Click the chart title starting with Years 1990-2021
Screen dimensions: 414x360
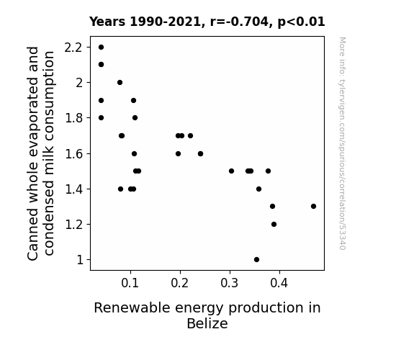click(207, 22)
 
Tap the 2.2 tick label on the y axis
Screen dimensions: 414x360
click(73, 48)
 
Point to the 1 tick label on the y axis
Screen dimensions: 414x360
click(80, 260)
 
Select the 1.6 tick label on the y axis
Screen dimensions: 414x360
click(73, 153)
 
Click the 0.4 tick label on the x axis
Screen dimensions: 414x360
click(279, 283)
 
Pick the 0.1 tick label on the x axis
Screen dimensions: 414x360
click(130, 283)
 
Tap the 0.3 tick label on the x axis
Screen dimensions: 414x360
click(230, 283)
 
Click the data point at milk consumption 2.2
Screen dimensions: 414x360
click(101, 48)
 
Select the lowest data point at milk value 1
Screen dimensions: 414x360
click(256, 260)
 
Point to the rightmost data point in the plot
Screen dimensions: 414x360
click(313, 207)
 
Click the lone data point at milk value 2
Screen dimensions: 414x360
click(120, 82)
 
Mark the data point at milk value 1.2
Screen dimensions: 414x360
click(274, 224)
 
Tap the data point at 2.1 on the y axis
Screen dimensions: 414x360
click(101, 65)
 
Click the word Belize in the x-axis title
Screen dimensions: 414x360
click(207, 323)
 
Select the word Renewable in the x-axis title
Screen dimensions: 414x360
click(132, 307)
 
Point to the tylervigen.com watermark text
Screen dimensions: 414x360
click(342, 143)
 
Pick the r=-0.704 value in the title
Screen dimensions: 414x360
click(239, 22)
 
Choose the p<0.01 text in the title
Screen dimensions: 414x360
click(301, 22)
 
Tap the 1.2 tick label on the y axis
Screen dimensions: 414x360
click(73, 225)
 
